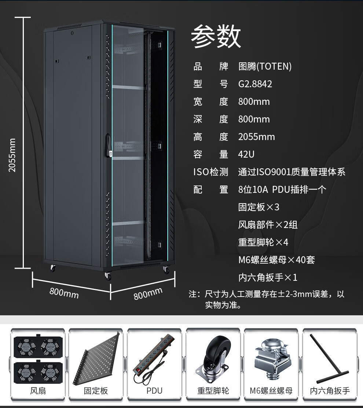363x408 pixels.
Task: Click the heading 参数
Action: pos(216,37)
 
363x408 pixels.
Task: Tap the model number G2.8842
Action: pos(255,84)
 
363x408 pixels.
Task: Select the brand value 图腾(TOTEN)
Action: pos(265,66)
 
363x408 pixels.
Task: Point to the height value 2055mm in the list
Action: pos(256,137)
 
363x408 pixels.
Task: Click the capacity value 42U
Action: pos(246,154)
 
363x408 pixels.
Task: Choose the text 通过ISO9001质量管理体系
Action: pos(291,172)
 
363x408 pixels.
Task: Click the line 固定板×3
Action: pos(258,207)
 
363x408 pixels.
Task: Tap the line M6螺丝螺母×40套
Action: pos(276,260)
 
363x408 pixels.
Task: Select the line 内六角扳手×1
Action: pos(268,277)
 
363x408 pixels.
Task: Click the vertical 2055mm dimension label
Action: pos(12,155)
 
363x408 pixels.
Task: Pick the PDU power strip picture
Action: pos(154,357)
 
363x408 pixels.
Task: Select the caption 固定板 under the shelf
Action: pos(96,391)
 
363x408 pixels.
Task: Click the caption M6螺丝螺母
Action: pos(271,391)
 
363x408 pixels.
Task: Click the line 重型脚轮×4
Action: pos(263,242)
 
